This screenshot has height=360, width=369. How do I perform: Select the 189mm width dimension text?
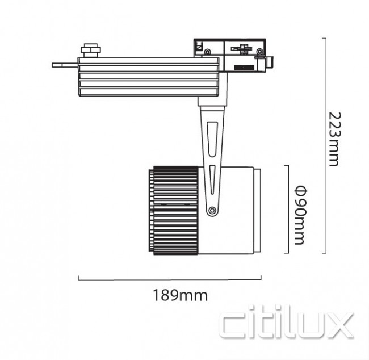point(180,295)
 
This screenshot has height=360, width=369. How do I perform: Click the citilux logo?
point(287,324)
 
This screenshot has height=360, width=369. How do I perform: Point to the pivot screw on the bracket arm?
point(212,211)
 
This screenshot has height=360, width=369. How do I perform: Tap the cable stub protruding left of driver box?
point(65,65)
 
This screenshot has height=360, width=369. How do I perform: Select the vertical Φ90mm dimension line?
point(290,209)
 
